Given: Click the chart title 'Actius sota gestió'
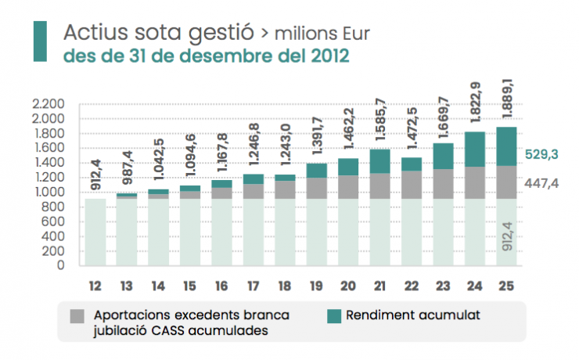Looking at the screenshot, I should tap(159, 33).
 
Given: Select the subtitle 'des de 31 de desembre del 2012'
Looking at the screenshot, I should tap(206, 56).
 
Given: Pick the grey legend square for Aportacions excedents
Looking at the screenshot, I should tap(77, 317).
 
